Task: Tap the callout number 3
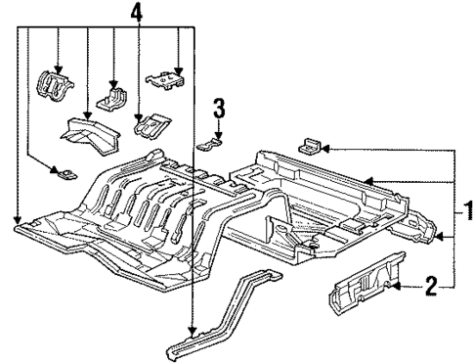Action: [221, 107]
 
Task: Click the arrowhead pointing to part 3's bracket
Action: [221, 135]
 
